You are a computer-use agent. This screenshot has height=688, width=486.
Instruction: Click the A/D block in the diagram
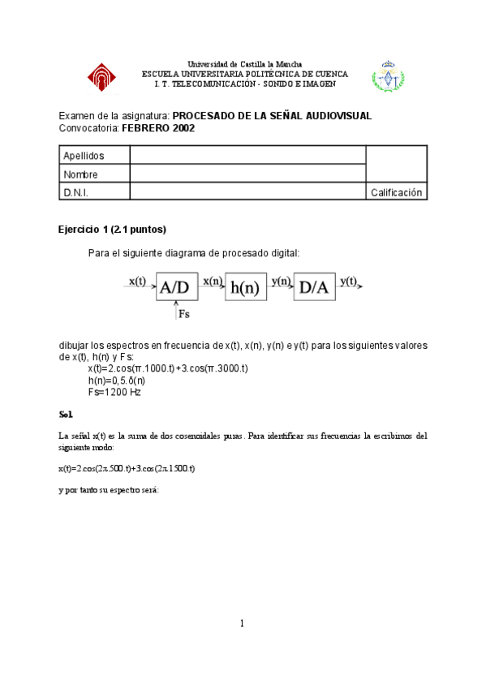click(177, 286)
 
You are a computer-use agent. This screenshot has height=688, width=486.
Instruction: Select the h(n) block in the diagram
click(245, 286)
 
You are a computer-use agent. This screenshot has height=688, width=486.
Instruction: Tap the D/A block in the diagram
click(314, 286)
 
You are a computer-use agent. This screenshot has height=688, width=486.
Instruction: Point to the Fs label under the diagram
click(183, 312)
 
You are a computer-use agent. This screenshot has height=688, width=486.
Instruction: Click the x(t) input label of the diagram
click(137, 281)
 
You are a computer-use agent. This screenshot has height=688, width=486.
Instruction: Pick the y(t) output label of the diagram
click(349, 281)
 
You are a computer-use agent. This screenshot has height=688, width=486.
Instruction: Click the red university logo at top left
click(102, 77)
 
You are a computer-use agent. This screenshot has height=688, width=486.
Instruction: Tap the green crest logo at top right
click(388, 76)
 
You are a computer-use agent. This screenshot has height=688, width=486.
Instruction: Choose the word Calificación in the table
click(397, 192)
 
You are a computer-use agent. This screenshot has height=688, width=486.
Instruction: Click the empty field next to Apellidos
click(247, 156)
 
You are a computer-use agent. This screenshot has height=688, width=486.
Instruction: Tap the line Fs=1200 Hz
click(114, 391)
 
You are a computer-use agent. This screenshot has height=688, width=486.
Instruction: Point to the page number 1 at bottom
click(242, 623)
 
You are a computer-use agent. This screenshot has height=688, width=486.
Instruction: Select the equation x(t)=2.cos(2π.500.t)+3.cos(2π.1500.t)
click(127, 469)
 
